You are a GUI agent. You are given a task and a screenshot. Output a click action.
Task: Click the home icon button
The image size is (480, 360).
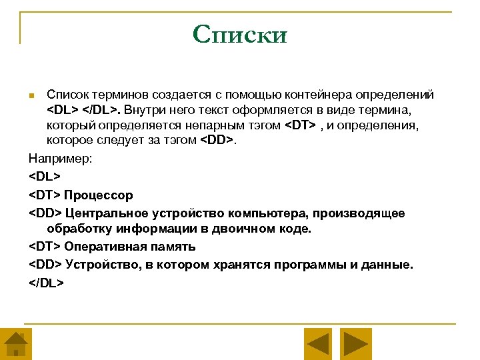click(x=16, y=345)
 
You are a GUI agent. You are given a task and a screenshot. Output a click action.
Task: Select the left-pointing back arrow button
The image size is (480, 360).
click(x=318, y=345)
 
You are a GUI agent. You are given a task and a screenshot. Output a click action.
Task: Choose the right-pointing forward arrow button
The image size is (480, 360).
click(x=356, y=345)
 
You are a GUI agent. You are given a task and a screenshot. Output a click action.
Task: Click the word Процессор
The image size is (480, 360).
click(x=99, y=195)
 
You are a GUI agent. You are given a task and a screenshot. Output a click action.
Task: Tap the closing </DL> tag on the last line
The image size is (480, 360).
click(x=46, y=281)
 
